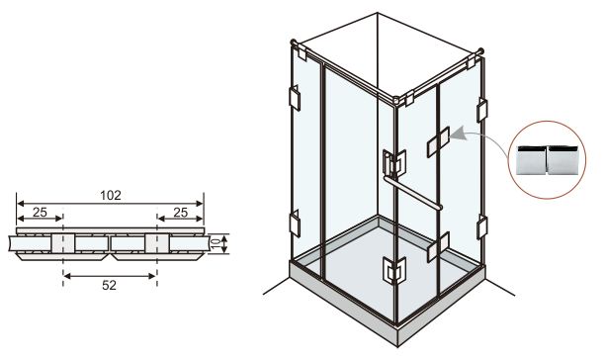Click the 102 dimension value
(x=111, y=196)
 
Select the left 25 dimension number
(x=40, y=212)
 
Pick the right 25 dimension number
(x=180, y=212)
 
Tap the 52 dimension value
(x=109, y=285)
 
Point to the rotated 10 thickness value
(x=216, y=243)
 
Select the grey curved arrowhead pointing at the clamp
(x=457, y=135)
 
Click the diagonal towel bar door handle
(x=412, y=193)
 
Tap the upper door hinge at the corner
(x=393, y=163)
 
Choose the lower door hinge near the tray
(x=393, y=270)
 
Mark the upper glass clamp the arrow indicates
(x=438, y=141)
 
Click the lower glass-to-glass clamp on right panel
(x=438, y=246)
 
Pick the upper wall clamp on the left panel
(x=295, y=98)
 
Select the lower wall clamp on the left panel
(x=295, y=224)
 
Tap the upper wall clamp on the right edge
(x=481, y=110)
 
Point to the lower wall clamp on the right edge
(x=481, y=227)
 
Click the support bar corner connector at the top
(x=396, y=100)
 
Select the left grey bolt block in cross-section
(x=63, y=243)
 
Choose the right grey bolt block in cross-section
(x=157, y=243)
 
